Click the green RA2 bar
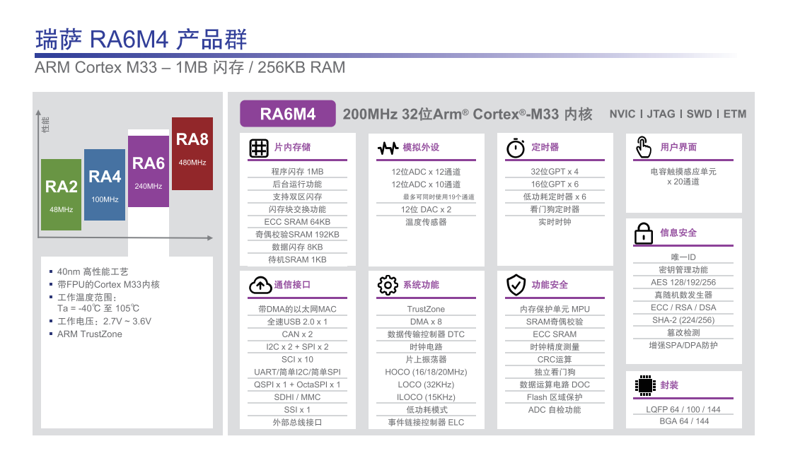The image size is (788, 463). coord(61,194)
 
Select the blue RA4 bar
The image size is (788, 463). coord(105,184)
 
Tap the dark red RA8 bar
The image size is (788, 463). coord(192,153)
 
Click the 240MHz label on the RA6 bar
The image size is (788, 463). coord(149,187)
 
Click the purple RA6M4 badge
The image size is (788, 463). coord(287,114)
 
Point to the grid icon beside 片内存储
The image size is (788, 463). coord(259,148)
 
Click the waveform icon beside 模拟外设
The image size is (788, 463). coord(388,148)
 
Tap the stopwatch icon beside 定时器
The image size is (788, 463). coord(516,148)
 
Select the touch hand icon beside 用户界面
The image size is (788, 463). coord(644,147)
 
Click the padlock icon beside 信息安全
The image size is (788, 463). coord(644,233)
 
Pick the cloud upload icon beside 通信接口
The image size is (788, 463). coord(260,286)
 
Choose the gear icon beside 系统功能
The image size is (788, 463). coord(388,286)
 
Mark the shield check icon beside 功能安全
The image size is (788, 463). coord(516,286)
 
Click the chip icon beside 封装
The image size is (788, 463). coord(645,386)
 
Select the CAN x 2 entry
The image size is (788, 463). coord(298,334)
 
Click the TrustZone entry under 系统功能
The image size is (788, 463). coord(426,310)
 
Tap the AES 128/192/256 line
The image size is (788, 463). coord(683,283)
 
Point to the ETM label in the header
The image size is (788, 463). coord(735,114)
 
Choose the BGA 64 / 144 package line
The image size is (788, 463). coord(684,421)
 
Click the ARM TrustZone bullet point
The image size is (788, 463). coord(89,334)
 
